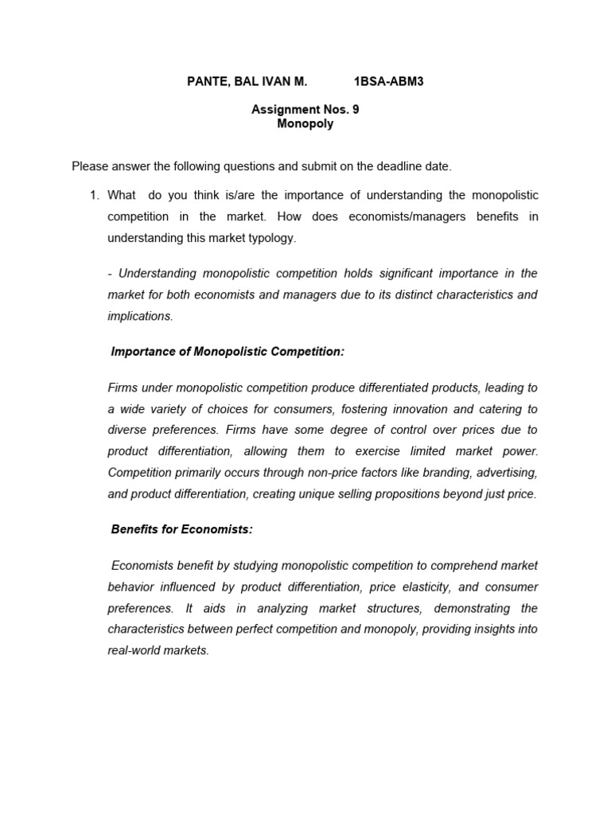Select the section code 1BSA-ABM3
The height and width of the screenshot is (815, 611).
click(388, 81)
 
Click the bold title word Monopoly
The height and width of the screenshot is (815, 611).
click(305, 123)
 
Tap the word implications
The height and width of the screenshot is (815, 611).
click(139, 316)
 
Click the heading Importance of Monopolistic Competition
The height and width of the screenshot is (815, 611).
click(228, 351)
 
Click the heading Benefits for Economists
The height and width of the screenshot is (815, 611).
click(181, 529)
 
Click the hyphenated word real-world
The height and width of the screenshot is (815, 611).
click(134, 650)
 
